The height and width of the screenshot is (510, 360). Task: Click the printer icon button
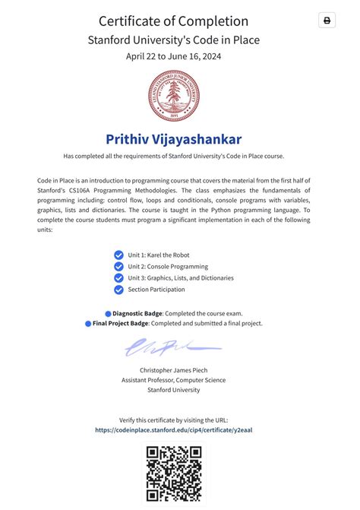pyautogui.click(x=327, y=21)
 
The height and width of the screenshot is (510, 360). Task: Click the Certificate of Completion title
pyautogui.click(x=173, y=21)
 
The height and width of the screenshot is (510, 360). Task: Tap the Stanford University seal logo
pyautogui.click(x=173, y=95)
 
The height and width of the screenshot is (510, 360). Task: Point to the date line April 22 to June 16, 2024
pyautogui.click(x=173, y=55)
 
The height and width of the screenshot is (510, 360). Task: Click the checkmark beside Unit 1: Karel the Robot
pyautogui.click(x=118, y=255)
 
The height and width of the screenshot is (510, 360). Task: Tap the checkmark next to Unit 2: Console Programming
pyautogui.click(x=118, y=267)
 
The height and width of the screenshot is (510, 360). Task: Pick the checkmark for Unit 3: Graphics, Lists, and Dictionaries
pyautogui.click(x=118, y=278)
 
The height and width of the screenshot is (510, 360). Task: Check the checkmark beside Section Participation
pyautogui.click(x=118, y=290)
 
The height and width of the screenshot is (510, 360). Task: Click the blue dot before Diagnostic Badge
pyautogui.click(x=108, y=313)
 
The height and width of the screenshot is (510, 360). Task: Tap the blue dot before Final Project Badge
pyautogui.click(x=88, y=324)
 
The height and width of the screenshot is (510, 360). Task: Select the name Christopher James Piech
pyautogui.click(x=173, y=370)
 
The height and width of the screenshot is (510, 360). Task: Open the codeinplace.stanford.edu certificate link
pyautogui.click(x=173, y=429)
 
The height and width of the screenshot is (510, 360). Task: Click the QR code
pyautogui.click(x=173, y=474)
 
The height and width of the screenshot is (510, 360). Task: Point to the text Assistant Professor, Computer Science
pyautogui.click(x=173, y=380)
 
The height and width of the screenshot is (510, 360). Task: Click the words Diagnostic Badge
pyautogui.click(x=137, y=313)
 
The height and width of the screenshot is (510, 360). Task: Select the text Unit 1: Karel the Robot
pyautogui.click(x=159, y=255)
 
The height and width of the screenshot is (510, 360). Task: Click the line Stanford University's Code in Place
pyautogui.click(x=173, y=39)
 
